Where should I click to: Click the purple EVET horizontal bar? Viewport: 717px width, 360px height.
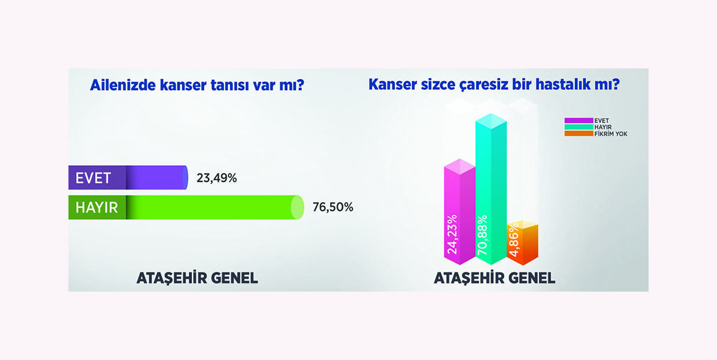click(128, 177)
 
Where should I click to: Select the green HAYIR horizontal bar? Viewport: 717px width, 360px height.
click(186, 208)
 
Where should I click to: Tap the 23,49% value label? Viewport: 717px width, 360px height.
click(217, 178)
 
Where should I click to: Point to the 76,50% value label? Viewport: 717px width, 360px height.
click(333, 207)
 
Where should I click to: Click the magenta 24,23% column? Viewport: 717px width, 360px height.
click(459, 212)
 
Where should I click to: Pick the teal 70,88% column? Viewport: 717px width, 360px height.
click(491, 189)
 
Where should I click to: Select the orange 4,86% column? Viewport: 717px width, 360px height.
click(523, 243)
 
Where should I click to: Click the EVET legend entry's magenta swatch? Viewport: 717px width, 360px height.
click(579, 121)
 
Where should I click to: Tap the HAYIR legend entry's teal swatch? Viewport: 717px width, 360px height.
click(579, 127)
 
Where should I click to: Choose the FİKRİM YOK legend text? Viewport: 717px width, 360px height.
click(611, 134)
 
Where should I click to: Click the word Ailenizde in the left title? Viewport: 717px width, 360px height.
click(123, 85)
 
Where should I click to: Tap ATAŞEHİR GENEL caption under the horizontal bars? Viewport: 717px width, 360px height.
click(197, 278)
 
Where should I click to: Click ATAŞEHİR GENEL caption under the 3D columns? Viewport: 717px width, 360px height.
click(495, 278)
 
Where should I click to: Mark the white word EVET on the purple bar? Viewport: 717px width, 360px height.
click(93, 178)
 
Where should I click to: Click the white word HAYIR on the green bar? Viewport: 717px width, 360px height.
click(97, 208)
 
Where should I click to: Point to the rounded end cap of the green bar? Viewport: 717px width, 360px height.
click(298, 208)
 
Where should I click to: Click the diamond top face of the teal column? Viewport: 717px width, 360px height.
click(491, 121)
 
